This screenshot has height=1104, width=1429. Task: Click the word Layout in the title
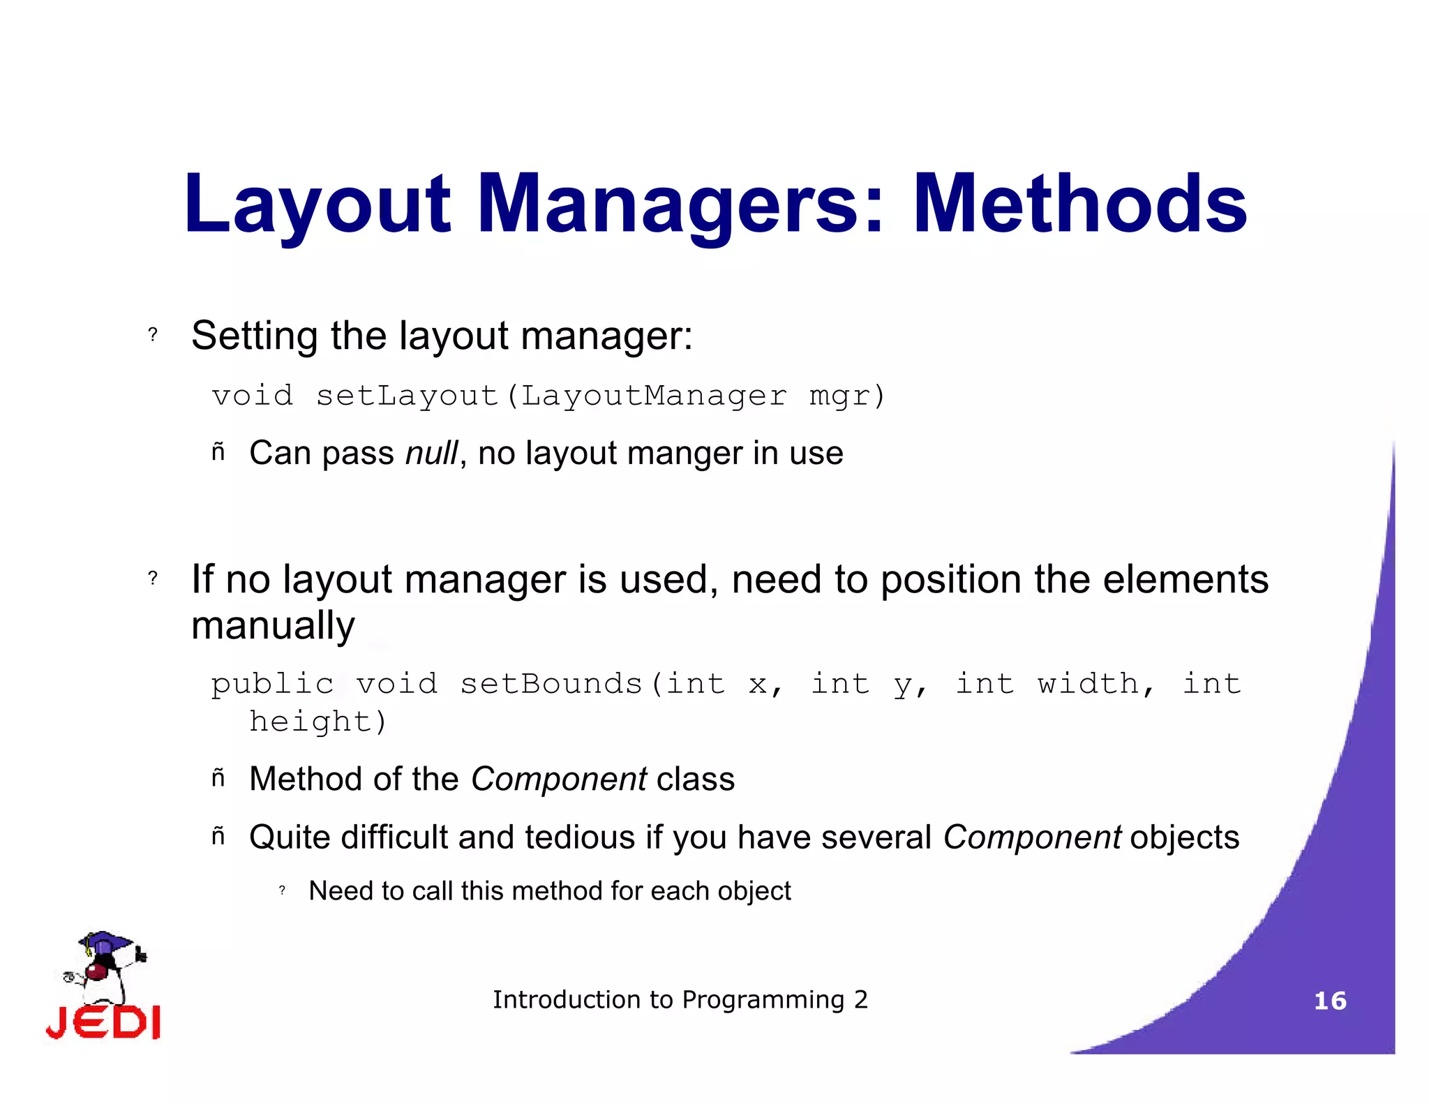317,204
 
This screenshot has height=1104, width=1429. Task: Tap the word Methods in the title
1079,204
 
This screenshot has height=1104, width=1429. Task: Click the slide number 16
1330,1001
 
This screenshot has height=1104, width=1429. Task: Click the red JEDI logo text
103,1023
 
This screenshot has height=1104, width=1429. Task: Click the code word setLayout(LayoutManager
551,396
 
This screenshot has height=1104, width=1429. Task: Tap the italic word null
432,453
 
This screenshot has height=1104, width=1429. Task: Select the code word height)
318,722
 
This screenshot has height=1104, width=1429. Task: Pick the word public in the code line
273,684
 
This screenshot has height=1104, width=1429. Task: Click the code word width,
1095,684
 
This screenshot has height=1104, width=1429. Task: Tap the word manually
273,625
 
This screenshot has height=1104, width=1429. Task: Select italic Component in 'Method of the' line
559,779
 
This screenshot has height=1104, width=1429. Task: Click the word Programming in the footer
763,1000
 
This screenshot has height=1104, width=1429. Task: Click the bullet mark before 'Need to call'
282,890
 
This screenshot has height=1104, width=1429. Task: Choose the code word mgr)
847,396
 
